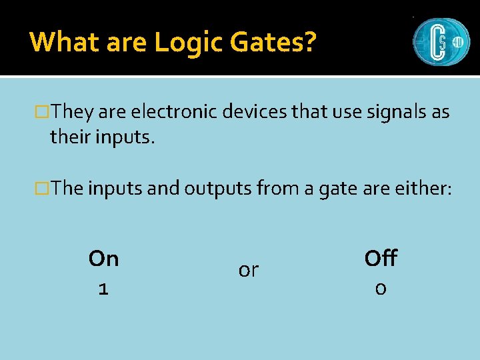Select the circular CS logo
point(441,41)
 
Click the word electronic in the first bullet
point(171,112)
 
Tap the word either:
point(421,189)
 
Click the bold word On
point(103,259)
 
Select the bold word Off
point(381,258)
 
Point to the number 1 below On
point(103,289)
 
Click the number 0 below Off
point(380,289)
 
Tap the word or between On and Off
point(248,271)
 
